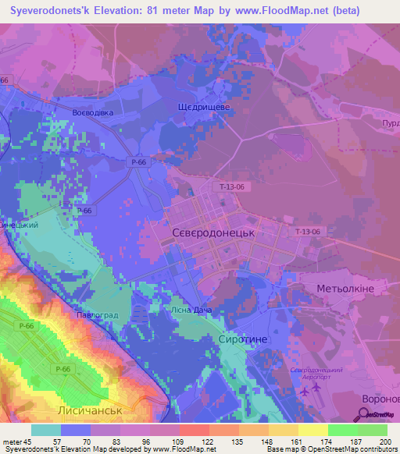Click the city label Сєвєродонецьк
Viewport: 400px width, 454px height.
click(213, 232)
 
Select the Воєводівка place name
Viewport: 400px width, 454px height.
click(93, 113)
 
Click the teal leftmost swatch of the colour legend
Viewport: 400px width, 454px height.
click(45, 430)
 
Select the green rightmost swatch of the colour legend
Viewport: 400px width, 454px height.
click(373, 430)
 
